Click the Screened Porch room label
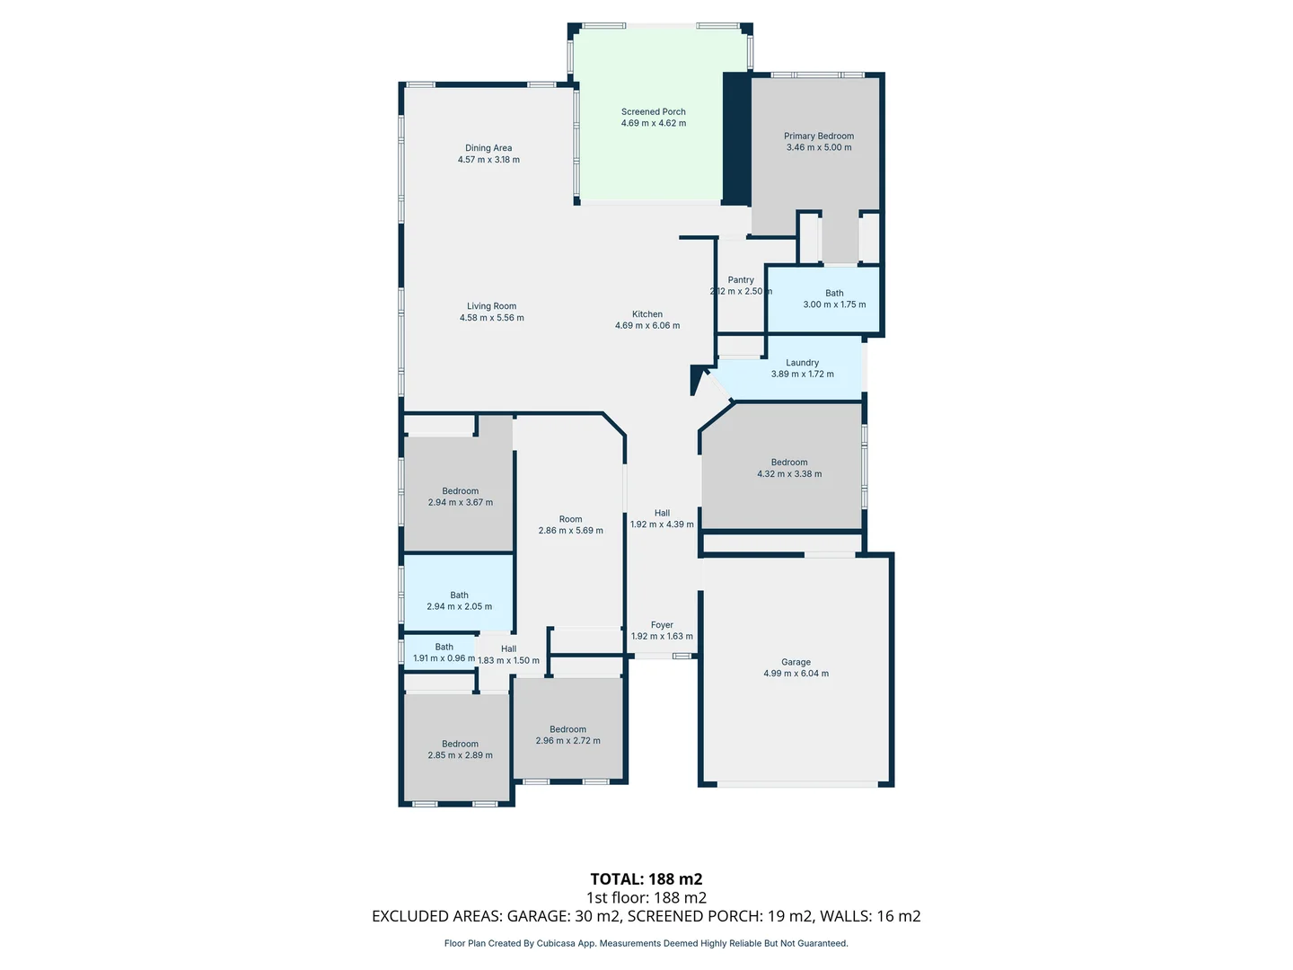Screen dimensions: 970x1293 coord(653,112)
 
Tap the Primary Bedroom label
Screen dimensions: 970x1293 coord(818,137)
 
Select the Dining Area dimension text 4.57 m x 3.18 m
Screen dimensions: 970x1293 coord(488,160)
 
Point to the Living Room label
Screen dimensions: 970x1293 coord(491,306)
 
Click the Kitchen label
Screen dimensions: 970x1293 coord(646,314)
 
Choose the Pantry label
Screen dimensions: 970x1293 coord(741,280)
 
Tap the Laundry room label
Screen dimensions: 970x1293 coord(802,363)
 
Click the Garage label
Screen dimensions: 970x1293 coord(796,662)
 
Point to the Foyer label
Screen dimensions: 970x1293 coord(662,625)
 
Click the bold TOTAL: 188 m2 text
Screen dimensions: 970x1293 coord(646,879)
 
